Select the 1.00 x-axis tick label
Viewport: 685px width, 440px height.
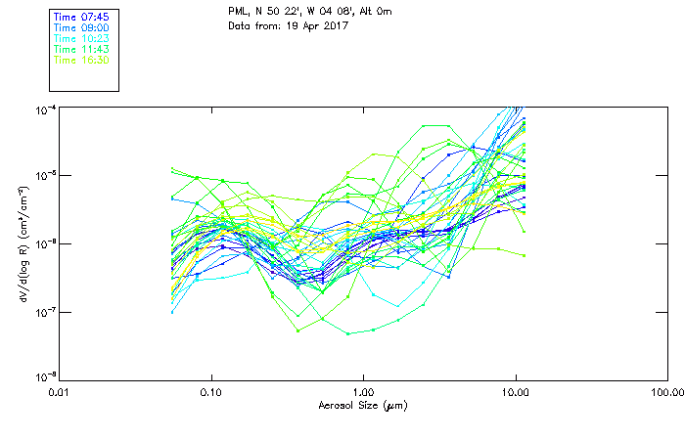pos(363,393)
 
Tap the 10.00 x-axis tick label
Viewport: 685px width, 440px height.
pos(515,393)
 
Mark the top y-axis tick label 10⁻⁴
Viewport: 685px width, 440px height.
pos(43,109)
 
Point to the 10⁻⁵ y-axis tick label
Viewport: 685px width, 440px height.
pos(43,176)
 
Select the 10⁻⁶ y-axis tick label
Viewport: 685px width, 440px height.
pos(43,243)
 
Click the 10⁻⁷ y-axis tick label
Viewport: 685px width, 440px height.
pos(43,311)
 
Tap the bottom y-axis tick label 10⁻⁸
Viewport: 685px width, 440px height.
pos(43,377)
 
